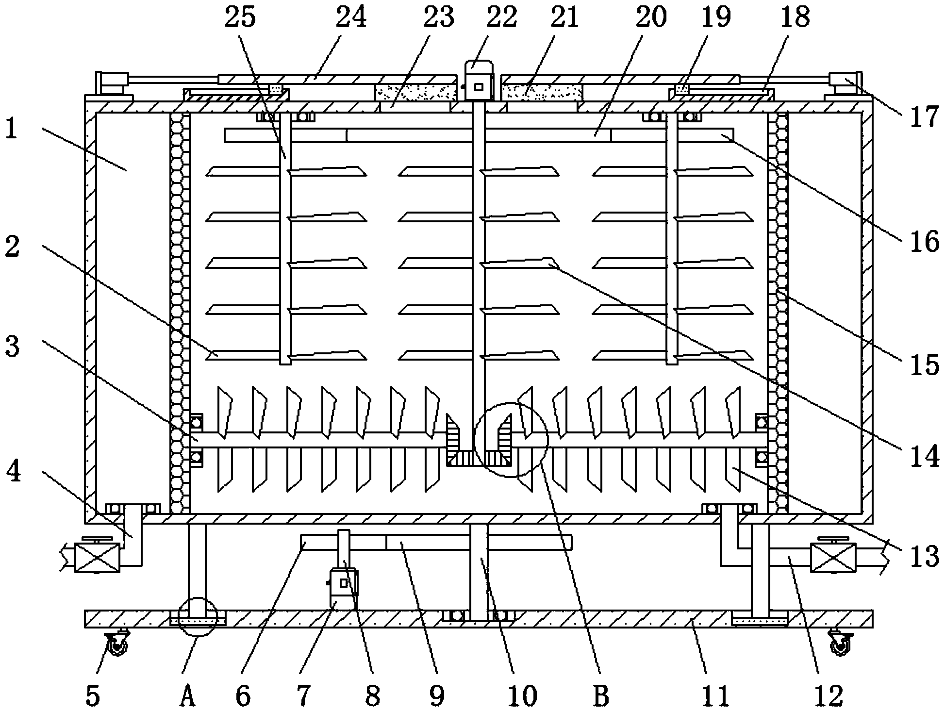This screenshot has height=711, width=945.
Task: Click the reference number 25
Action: pyautogui.click(x=241, y=18)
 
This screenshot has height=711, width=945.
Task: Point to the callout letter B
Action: pyautogui.click(x=600, y=697)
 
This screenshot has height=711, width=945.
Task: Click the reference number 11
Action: pyautogui.click(x=716, y=697)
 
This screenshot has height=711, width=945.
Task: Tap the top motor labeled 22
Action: pyautogui.click(x=479, y=82)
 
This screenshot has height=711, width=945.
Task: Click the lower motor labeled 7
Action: pyautogui.click(x=343, y=586)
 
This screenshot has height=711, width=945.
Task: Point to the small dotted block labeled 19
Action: pyautogui.click(x=682, y=89)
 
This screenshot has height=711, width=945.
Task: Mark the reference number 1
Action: pyautogui.click(x=12, y=130)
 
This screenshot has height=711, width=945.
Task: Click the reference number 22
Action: pyautogui.click(x=501, y=18)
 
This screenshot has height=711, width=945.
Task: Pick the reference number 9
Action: pyautogui.click(x=436, y=697)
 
